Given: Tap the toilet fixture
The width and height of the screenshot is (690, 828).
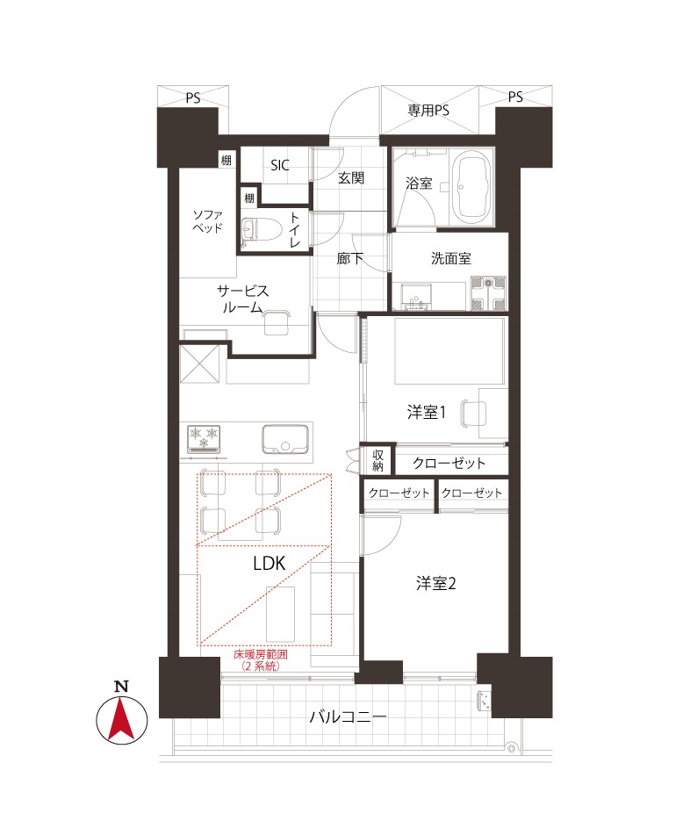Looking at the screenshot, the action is [x=258, y=232].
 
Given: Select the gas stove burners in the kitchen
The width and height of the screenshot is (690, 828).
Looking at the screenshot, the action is [x=204, y=438].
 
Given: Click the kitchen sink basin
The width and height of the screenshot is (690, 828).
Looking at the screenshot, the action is [x=285, y=439].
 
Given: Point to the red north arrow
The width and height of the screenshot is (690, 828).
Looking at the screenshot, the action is [x=121, y=719].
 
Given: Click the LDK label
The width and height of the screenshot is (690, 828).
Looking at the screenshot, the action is [x=270, y=564].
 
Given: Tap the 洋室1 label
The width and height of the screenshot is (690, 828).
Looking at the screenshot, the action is [x=427, y=412].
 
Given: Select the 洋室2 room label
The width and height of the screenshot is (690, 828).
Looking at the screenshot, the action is [x=436, y=583].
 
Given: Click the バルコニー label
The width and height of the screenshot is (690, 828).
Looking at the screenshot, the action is [x=348, y=716].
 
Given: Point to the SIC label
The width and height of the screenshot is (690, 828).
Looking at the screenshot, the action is [x=280, y=165].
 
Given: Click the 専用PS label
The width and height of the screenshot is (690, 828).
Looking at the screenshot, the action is [x=428, y=111].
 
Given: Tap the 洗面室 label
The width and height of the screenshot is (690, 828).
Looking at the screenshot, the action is [x=451, y=258].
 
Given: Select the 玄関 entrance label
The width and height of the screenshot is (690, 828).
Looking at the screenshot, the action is [x=351, y=178].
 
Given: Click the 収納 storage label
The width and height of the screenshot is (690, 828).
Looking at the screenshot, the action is [x=378, y=460].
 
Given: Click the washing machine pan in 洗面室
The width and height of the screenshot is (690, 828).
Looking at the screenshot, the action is [x=488, y=292].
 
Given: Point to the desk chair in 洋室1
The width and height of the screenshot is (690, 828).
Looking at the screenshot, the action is [x=473, y=413].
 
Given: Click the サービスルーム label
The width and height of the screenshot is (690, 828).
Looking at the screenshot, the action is [x=243, y=299].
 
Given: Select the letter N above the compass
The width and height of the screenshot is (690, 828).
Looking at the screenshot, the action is [x=121, y=687].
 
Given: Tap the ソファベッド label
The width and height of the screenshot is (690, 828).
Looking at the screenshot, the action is [x=207, y=222].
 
